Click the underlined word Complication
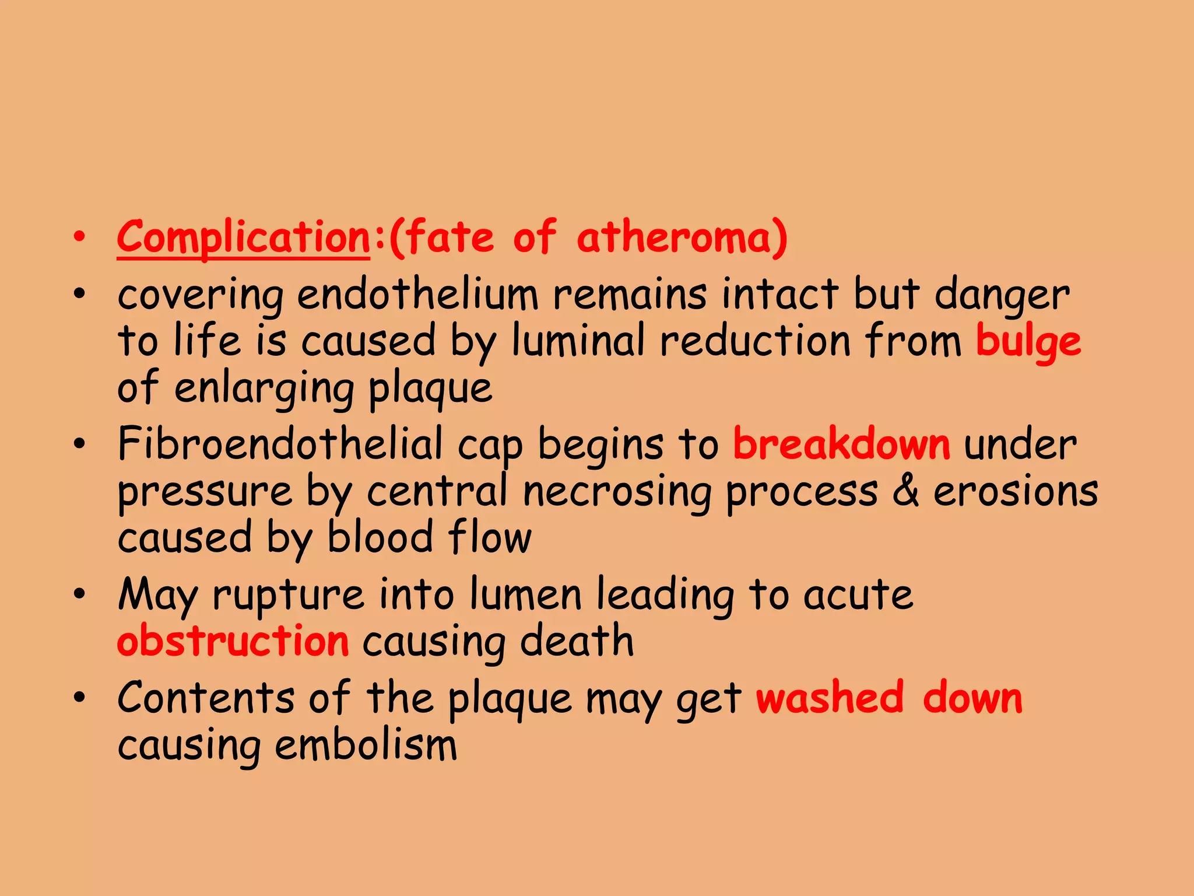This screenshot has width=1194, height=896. tap(243, 238)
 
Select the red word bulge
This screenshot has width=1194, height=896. tap(1028, 341)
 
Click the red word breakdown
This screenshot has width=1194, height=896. tap(841, 444)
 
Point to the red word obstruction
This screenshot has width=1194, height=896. tap(233, 641)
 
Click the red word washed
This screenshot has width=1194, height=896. tap(830, 698)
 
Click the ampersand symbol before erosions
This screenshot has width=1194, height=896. tap(905, 491)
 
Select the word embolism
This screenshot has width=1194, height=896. tap(366, 745)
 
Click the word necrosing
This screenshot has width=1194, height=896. tap(617, 491)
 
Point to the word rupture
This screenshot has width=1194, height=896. tap(289, 595)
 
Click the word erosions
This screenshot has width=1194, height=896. tap(1016, 491)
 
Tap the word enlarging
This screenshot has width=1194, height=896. tap(264, 388)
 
